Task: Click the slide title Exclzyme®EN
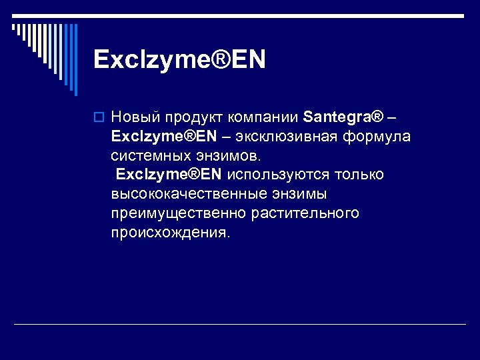(x=179, y=59)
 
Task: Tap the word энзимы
(x=298, y=195)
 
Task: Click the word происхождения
(x=171, y=233)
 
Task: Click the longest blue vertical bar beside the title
(x=75, y=59)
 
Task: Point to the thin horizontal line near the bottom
(x=240, y=324)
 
